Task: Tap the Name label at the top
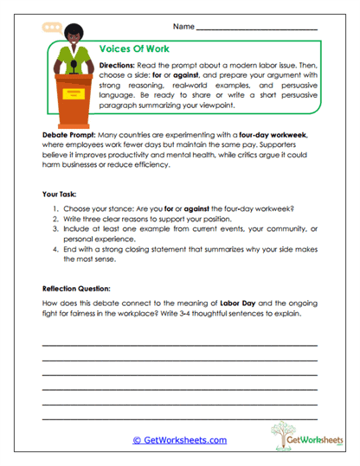click(183, 29)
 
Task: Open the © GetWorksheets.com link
click(179, 440)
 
